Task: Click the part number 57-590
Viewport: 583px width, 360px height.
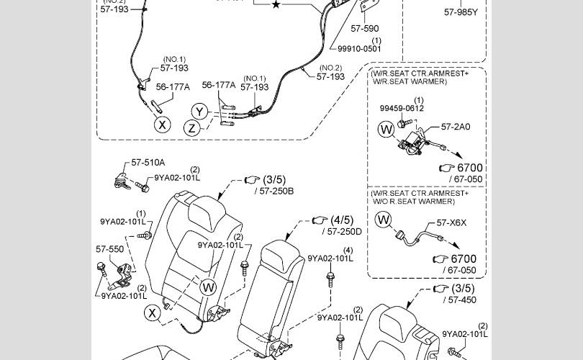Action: (365, 29)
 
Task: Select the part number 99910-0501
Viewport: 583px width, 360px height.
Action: (359, 49)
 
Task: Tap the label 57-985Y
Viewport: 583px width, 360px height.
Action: (461, 12)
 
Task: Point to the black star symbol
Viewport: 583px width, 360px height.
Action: (276, 5)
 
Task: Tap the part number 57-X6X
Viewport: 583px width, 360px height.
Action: (452, 223)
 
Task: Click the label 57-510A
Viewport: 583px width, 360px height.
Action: (148, 163)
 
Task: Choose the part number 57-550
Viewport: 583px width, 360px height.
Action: (110, 249)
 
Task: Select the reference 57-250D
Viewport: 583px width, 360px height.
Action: (345, 232)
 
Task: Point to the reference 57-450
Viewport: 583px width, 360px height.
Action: (461, 300)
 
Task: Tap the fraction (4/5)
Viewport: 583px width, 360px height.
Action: (342, 220)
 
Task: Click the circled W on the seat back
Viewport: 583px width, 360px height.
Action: (208, 287)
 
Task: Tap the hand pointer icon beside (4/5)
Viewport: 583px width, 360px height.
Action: (319, 220)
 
